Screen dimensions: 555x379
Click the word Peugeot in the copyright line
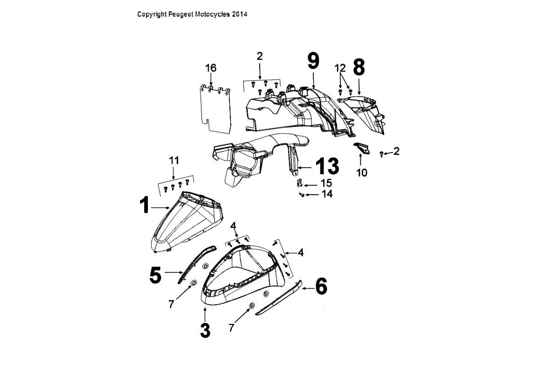click(181, 15)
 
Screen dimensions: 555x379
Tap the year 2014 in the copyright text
click(240, 15)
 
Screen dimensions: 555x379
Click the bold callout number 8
click(359, 67)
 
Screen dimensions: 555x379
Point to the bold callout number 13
click(327, 166)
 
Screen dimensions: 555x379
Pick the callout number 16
click(210, 68)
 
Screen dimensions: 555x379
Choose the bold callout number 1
click(145, 205)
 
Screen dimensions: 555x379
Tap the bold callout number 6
click(321, 286)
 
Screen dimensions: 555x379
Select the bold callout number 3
click(205, 330)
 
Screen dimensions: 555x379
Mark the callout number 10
click(362, 173)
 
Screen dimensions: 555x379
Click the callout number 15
click(327, 183)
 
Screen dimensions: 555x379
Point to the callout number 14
click(327, 194)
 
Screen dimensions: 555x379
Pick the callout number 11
click(174, 160)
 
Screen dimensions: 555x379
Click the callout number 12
click(340, 67)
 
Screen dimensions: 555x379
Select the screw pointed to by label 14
click(301, 194)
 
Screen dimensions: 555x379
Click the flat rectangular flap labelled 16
click(215, 108)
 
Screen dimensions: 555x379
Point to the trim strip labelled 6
click(279, 298)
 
